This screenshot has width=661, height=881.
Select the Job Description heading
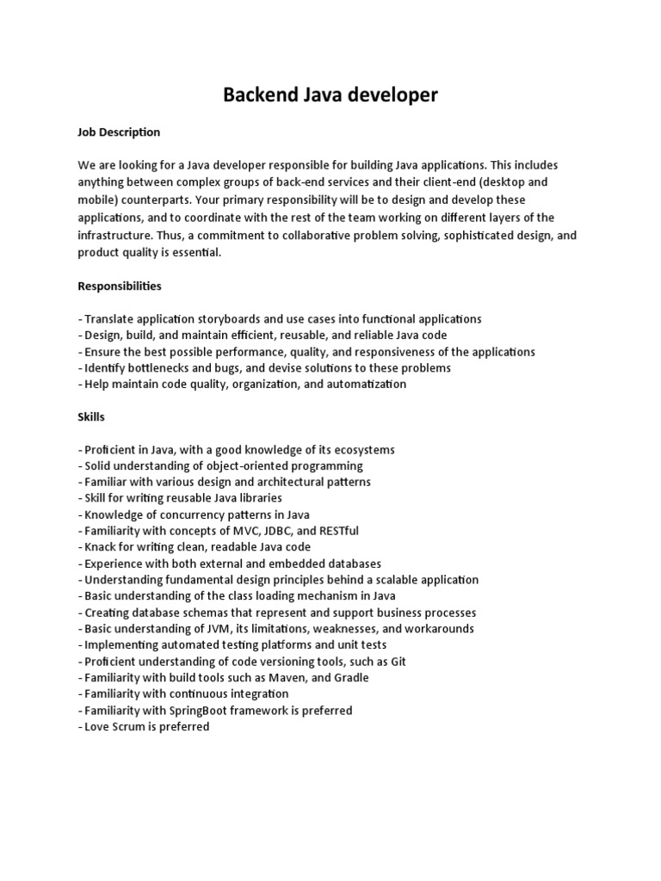(119, 132)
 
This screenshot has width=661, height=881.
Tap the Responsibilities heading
(120, 286)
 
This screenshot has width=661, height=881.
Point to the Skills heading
(91, 416)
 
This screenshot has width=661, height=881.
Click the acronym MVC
(259, 531)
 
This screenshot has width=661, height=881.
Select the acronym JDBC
(295, 531)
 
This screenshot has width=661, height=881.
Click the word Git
(397, 662)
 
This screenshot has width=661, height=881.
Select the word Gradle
(349, 678)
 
